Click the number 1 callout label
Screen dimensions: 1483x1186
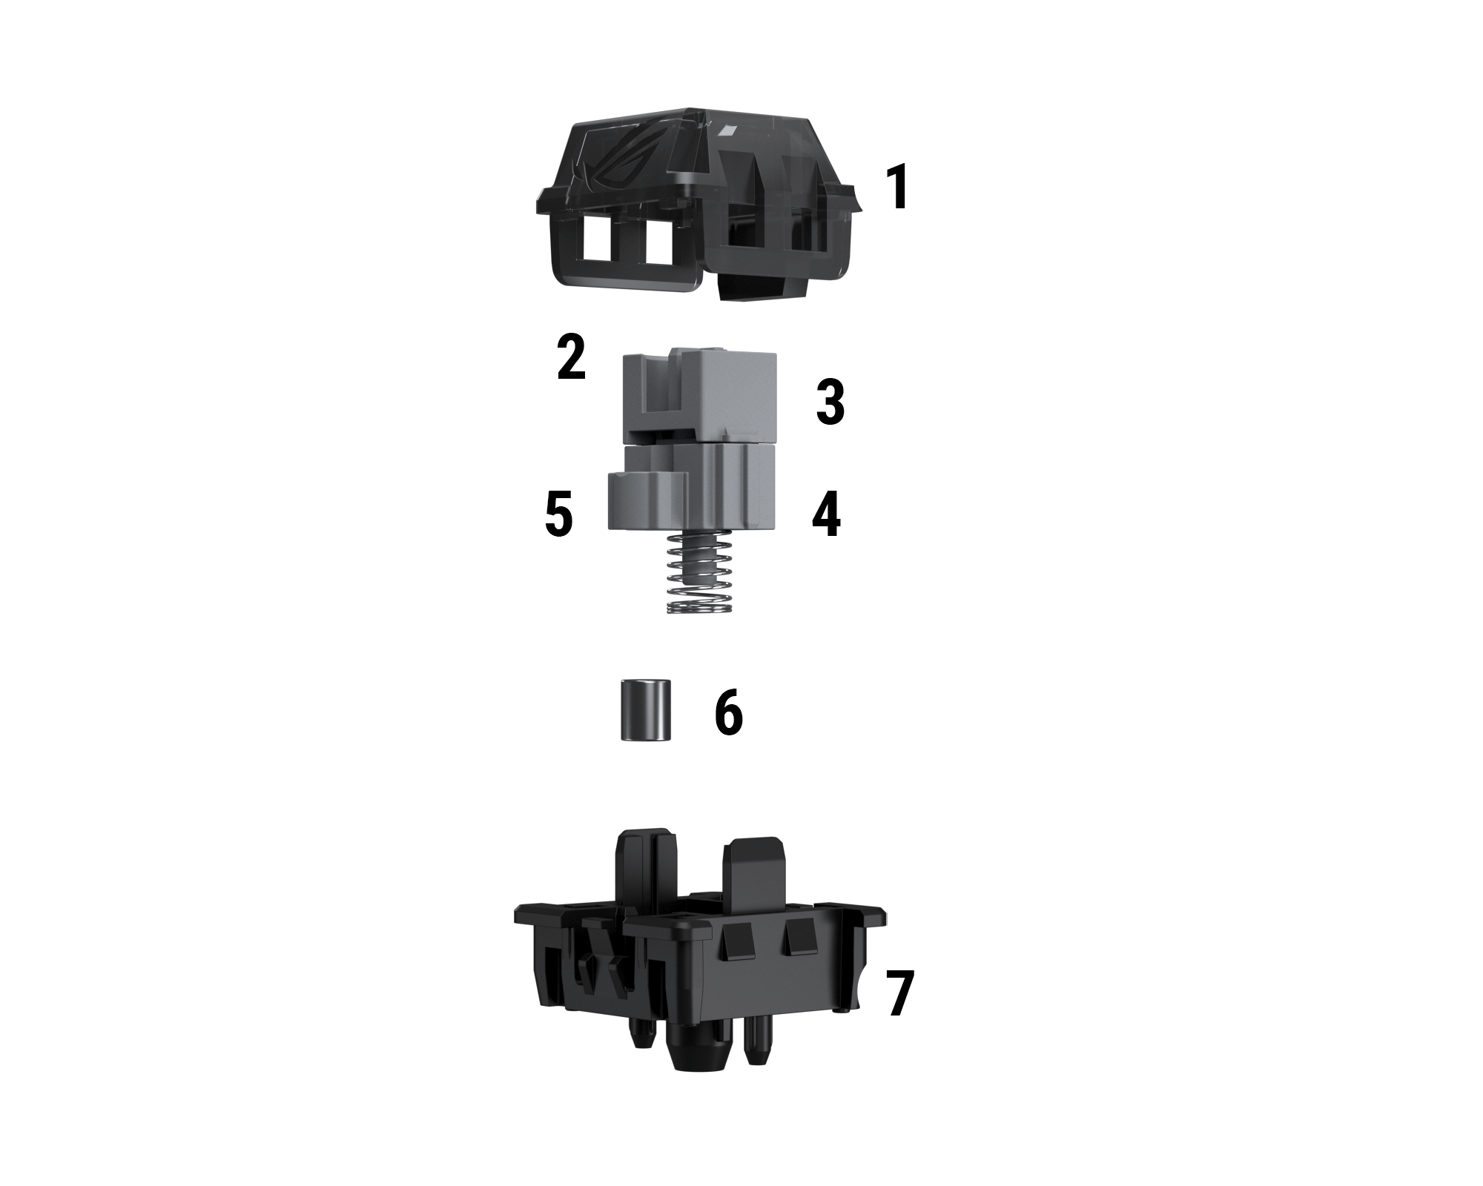point(898,188)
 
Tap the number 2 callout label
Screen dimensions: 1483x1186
point(572,358)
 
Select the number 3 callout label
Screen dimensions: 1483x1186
point(830,402)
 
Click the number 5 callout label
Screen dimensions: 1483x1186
point(559,514)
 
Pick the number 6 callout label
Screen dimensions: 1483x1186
point(728,712)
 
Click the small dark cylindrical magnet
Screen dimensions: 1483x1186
point(647,709)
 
